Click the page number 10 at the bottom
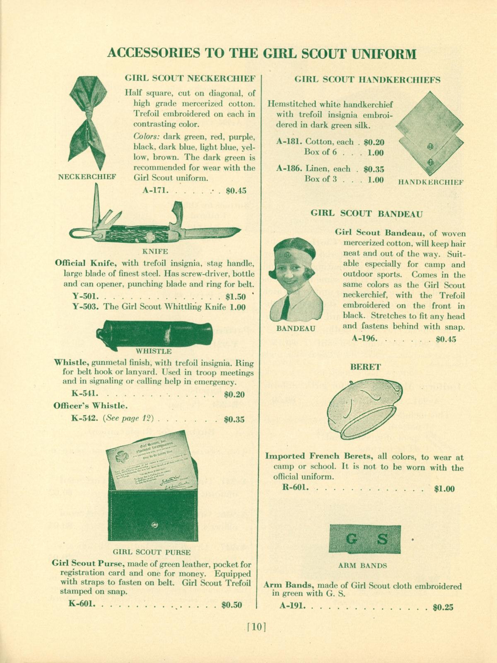[x=256, y=627]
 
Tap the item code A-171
[x=154, y=191]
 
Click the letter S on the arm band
[x=383, y=540]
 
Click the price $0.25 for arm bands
[x=443, y=608]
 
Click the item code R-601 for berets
[x=295, y=488]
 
